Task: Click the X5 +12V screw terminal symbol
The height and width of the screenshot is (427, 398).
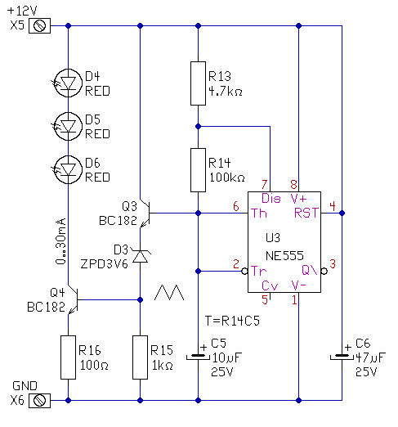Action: pyautogui.click(x=39, y=26)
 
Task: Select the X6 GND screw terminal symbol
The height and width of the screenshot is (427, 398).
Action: pyautogui.click(x=39, y=400)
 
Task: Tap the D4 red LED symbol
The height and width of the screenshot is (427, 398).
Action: pyautogui.click(x=68, y=83)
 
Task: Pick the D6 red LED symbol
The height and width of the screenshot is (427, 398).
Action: pyautogui.click(x=68, y=169)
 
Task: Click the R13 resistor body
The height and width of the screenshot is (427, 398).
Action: pyautogui.click(x=198, y=83)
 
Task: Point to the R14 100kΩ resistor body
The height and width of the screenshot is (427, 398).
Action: pyautogui.click(x=198, y=170)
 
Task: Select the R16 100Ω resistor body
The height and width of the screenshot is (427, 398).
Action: pyautogui.click(x=68, y=357)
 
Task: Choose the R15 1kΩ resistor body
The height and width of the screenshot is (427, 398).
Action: pyautogui.click(x=140, y=357)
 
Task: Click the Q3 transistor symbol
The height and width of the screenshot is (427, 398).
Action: pyautogui.click(x=145, y=213)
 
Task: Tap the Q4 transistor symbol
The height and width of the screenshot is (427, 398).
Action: pyautogui.click(x=73, y=299)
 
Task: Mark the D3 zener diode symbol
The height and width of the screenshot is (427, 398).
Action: pyautogui.click(x=140, y=257)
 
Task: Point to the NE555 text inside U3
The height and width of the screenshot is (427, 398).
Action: pyautogui.click(x=284, y=256)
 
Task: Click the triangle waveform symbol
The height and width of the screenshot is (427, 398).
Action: pyautogui.click(x=169, y=293)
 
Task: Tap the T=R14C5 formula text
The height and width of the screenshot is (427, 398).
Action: pyautogui.click(x=232, y=321)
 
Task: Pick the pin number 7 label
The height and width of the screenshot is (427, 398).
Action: pyautogui.click(x=264, y=184)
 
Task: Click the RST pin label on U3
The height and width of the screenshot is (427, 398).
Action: pyautogui.click(x=306, y=213)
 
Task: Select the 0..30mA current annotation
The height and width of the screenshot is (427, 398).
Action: pyautogui.click(x=60, y=241)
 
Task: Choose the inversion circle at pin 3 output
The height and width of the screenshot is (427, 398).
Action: pyautogui.click(x=324, y=272)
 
